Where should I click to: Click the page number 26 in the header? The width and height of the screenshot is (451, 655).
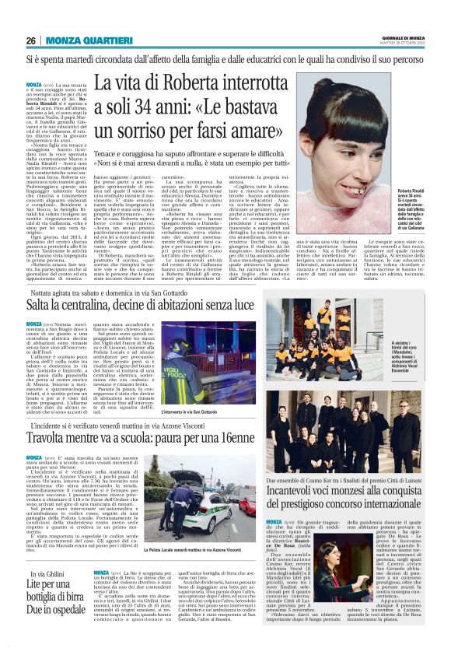31,40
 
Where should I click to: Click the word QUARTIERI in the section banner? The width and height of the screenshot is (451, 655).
103,40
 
